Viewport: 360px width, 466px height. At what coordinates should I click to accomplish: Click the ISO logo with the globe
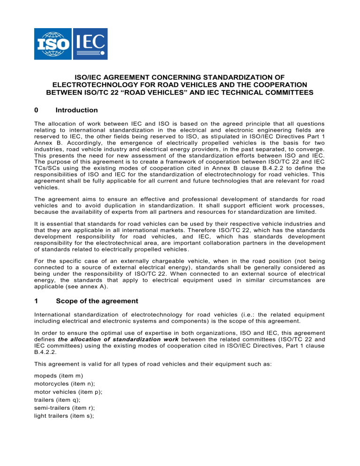pos(52,44)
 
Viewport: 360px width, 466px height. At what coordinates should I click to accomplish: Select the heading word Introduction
pos(76,110)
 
